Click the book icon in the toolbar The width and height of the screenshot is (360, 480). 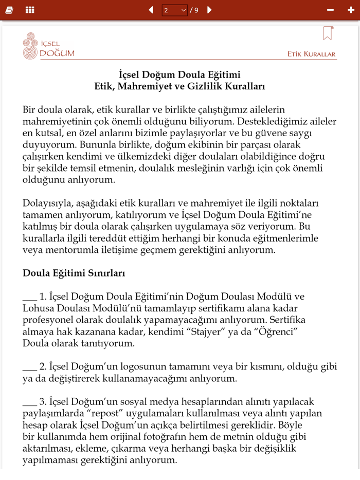9,10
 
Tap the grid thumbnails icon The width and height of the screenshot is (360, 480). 30,10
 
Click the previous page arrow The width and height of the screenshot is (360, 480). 151,10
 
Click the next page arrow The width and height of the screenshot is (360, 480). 209,10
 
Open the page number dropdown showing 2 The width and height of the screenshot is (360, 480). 175,10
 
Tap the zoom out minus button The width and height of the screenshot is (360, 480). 330,10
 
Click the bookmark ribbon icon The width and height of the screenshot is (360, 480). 328,33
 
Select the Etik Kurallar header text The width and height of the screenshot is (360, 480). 311,54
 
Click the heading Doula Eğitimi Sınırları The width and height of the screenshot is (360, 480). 74,273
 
